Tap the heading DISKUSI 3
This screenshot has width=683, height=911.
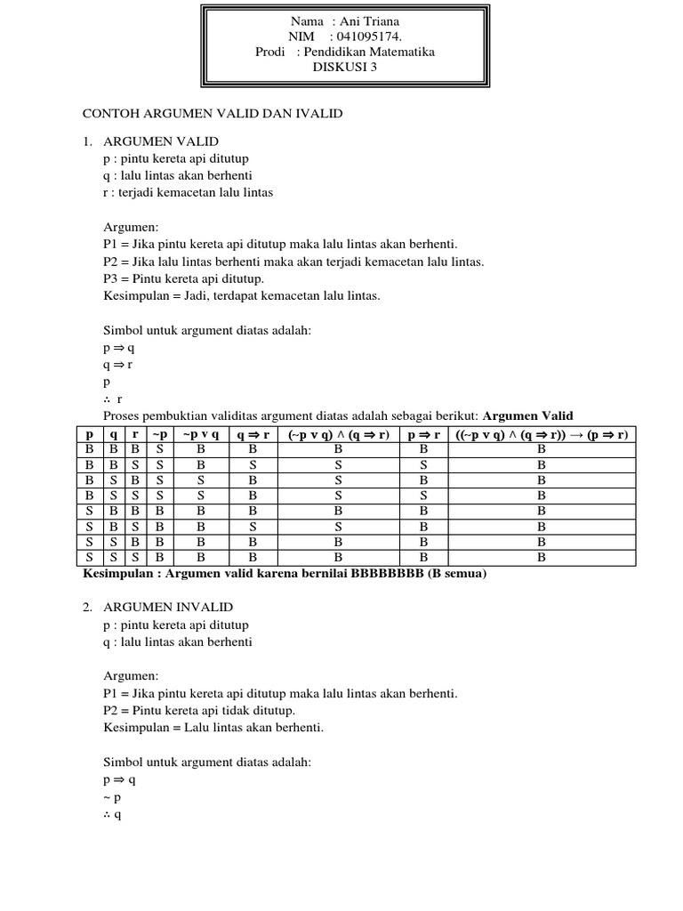[x=344, y=69]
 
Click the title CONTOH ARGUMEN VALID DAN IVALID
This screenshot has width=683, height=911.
[x=213, y=114]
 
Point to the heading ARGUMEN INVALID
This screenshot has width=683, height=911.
[x=168, y=607]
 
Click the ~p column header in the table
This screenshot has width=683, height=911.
[x=160, y=435]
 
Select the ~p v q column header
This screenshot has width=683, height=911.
[x=201, y=435]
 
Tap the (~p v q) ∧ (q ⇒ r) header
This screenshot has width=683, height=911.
[x=338, y=435]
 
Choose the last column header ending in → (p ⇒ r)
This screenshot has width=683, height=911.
[x=542, y=435]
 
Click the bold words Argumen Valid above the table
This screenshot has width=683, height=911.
[x=527, y=415]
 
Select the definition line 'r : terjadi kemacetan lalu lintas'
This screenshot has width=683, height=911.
[x=189, y=191]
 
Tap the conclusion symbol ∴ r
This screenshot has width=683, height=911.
[x=113, y=399]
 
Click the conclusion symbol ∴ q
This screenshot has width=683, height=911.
[x=112, y=815]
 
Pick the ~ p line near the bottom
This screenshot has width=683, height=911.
[x=112, y=798]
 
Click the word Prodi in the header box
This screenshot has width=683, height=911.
[x=270, y=52]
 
